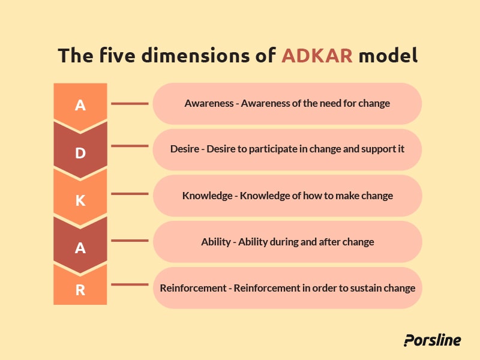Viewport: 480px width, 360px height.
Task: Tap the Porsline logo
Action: [432, 340]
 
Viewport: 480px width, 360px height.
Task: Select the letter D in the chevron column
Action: [80, 153]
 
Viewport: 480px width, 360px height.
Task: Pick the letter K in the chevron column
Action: [80, 200]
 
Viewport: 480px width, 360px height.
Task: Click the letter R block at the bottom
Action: [80, 290]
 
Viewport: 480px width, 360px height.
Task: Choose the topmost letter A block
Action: [80, 106]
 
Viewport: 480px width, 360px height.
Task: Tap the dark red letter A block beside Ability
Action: [80, 248]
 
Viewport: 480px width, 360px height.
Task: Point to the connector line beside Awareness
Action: [130, 103]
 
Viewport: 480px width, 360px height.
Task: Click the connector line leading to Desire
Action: [130, 145]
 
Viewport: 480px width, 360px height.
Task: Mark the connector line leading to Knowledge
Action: [130, 194]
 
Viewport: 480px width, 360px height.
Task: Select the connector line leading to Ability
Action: [130, 241]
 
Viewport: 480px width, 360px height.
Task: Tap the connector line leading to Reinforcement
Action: [130, 284]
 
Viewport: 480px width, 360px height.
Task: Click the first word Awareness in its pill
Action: [209, 103]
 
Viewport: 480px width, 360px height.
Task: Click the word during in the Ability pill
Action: [287, 242]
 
